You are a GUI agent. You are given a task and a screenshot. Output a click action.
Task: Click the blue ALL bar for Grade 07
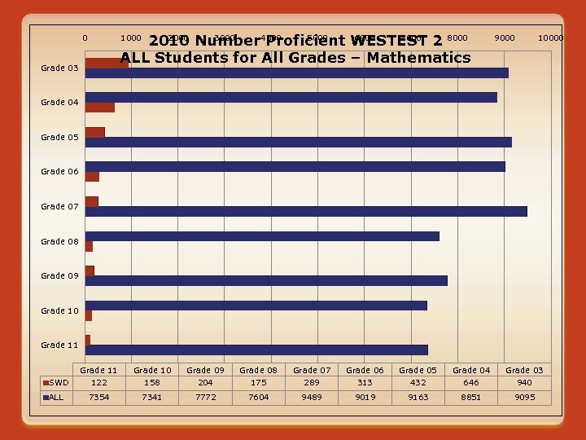click(306, 211)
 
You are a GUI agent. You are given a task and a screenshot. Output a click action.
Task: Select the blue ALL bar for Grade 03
click(296, 73)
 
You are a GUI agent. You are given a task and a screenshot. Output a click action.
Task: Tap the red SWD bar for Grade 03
click(107, 63)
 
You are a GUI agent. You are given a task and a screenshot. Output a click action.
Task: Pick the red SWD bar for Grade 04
click(99, 107)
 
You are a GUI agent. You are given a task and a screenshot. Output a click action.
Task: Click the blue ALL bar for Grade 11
click(256, 350)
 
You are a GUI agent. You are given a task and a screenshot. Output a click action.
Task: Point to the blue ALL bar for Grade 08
click(262, 236)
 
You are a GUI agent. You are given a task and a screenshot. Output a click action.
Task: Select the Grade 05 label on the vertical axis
click(59, 137)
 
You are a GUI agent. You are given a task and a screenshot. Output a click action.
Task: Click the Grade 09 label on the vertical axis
click(59, 275)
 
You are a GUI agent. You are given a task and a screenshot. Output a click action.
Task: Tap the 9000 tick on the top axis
click(505, 37)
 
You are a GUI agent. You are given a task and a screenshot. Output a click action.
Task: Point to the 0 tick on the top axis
click(85, 37)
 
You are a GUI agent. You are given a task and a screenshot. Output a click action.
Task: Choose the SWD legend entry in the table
click(57, 382)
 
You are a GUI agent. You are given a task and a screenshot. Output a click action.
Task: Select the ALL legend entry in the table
click(55, 398)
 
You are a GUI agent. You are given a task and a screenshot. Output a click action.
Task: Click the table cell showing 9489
click(312, 398)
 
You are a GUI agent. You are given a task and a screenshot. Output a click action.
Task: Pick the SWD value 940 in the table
click(524, 382)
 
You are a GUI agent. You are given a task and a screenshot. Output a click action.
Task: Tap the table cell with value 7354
click(99, 398)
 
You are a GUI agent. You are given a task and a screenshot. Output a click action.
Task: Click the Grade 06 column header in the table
click(365, 370)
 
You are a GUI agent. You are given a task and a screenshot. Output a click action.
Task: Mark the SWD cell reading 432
click(418, 382)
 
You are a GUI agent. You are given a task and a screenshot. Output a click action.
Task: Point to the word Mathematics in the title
click(418, 57)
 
